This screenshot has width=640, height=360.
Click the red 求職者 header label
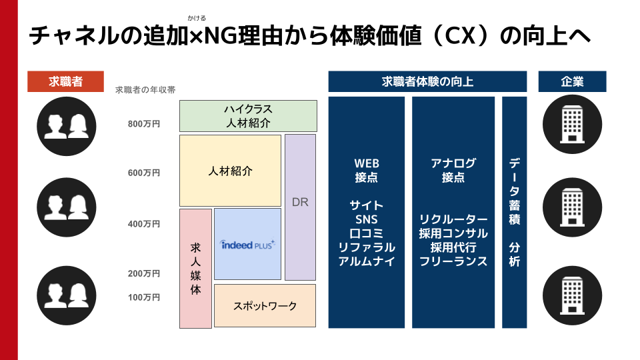(65, 81)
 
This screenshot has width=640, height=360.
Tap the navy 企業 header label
(572, 81)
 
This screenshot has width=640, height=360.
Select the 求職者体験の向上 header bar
(427, 81)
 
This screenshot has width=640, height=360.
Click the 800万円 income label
(144, 123)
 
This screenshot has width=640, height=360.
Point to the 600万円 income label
(144, 173)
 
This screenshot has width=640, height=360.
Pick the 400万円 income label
(144, 224)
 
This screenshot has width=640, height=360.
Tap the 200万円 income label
(144, 273)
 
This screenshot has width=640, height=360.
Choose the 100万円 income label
(144, 297)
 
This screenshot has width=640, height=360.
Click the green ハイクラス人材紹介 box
(247, 116)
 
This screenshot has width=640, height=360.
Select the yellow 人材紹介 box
(230, 171)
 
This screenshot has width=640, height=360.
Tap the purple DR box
(300, 202)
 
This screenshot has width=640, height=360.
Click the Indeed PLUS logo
(247, 245)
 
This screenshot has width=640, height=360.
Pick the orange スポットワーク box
(265, 306)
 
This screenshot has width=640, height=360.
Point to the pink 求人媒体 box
(195, 269)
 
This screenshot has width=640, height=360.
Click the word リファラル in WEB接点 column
(366, 247)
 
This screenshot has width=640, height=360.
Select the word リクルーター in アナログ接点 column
(453, 219)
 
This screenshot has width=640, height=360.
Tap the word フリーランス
(453, 261)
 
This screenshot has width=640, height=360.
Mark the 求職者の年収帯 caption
(145, 89)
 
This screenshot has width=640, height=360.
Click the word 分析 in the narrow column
(514, 253)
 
